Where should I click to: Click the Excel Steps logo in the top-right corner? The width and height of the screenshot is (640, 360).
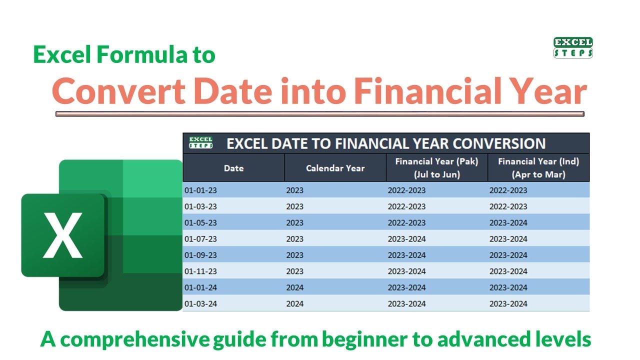pyautogui.click(x=573, y=48)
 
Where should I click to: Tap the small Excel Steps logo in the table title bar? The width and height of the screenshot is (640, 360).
pyautogui.click(x=200, y=143)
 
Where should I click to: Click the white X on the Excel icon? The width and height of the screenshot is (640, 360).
pyautogui.click(x=62, y=235)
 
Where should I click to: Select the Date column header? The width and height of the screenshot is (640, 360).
pyautogui.click(x=233, y=168)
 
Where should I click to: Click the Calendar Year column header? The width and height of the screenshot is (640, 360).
pyautogui.click(x=335, y=168)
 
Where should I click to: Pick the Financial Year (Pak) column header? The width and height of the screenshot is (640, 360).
pyautogui.click(x=436, y=168)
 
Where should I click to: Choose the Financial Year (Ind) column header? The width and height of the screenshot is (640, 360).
pyautogui.click(x=538, y=168)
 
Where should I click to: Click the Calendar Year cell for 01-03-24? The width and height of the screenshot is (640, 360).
pyautogui.click(x=295, y=303)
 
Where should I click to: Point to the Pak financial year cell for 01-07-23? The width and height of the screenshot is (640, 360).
pyautogui.click(x=406, y=238)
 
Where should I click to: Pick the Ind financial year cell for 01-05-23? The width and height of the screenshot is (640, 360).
pyautogui.click(x=508, y=222)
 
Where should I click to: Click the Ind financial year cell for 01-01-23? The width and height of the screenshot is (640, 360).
pyautogui.click(x=508, y=190)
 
